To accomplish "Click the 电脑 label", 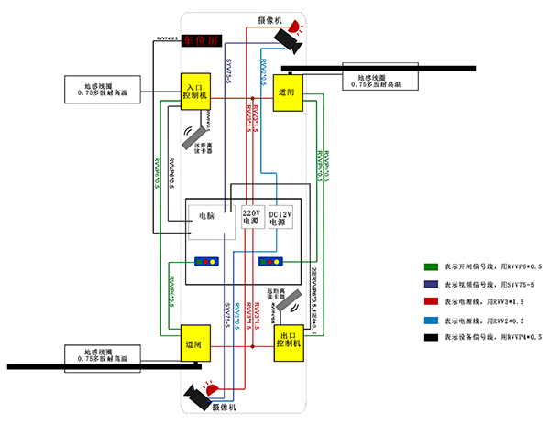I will coord(208,216).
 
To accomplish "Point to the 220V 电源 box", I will coord(251,216).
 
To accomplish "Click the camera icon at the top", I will coord(285,38).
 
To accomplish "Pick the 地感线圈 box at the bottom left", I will coord(101,353).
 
